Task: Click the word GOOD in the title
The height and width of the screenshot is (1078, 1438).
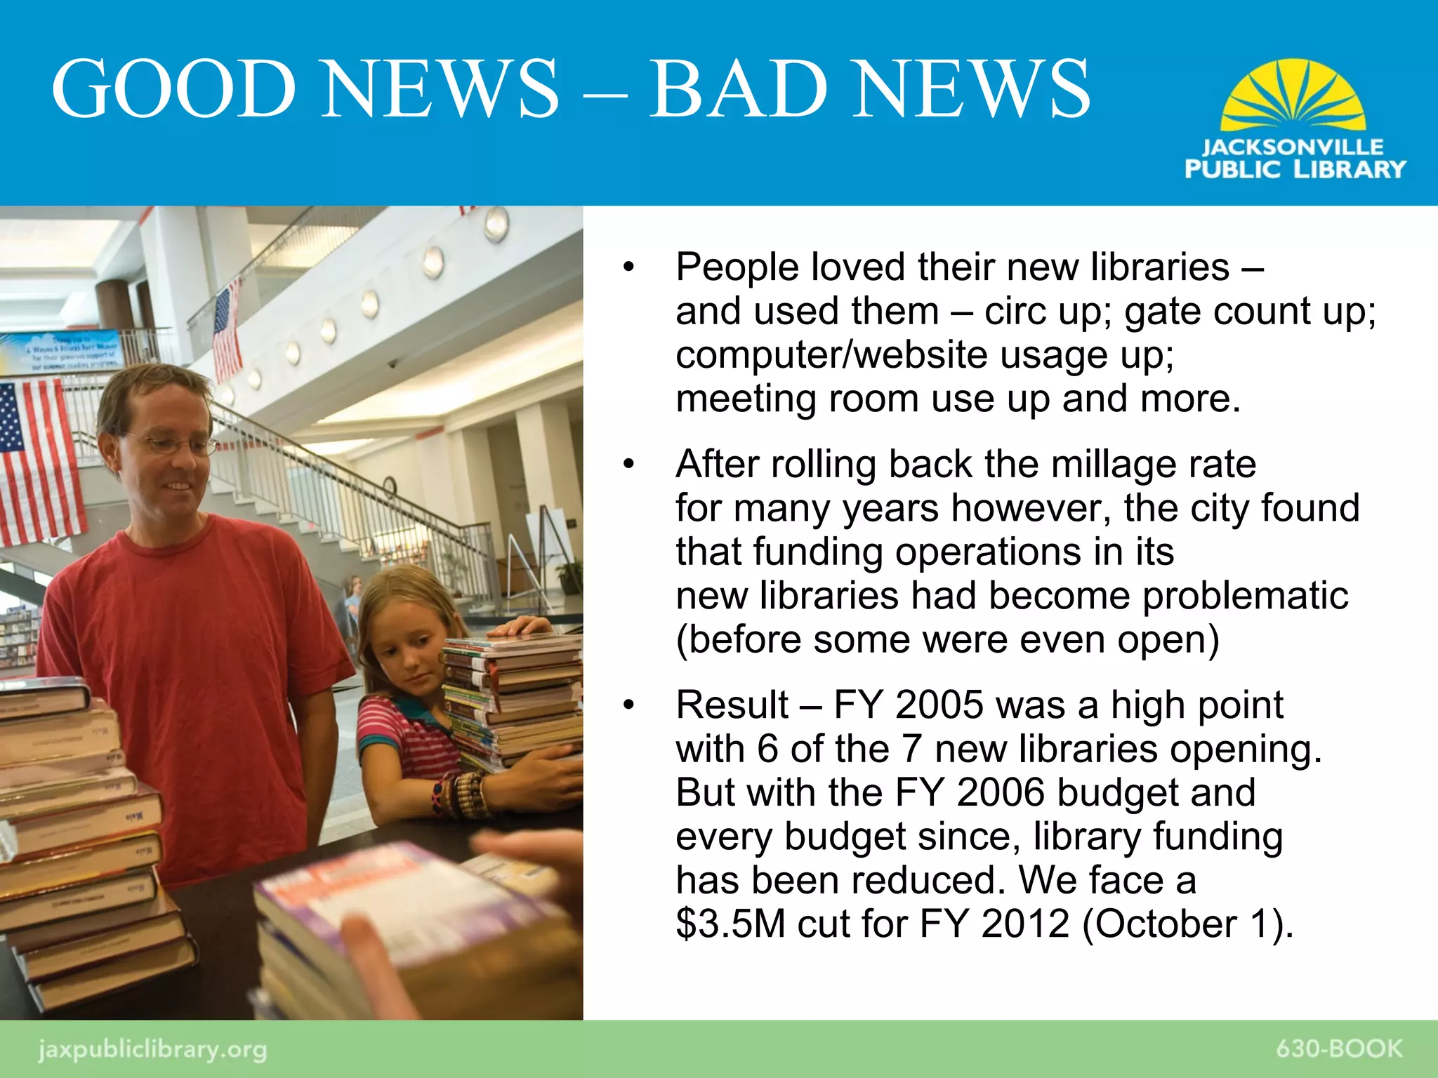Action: (174, 89)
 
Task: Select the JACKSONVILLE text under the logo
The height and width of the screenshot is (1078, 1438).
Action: (1293, 147)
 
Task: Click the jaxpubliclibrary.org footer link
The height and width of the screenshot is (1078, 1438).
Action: (152, 1050)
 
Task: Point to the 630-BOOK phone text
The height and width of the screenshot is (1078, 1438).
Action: (1338, 1049)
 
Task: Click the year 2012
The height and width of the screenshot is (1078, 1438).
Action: (1025, 924)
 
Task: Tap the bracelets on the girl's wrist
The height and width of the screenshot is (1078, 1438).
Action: (460, 795)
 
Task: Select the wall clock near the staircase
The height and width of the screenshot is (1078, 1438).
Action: (390, 485)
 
